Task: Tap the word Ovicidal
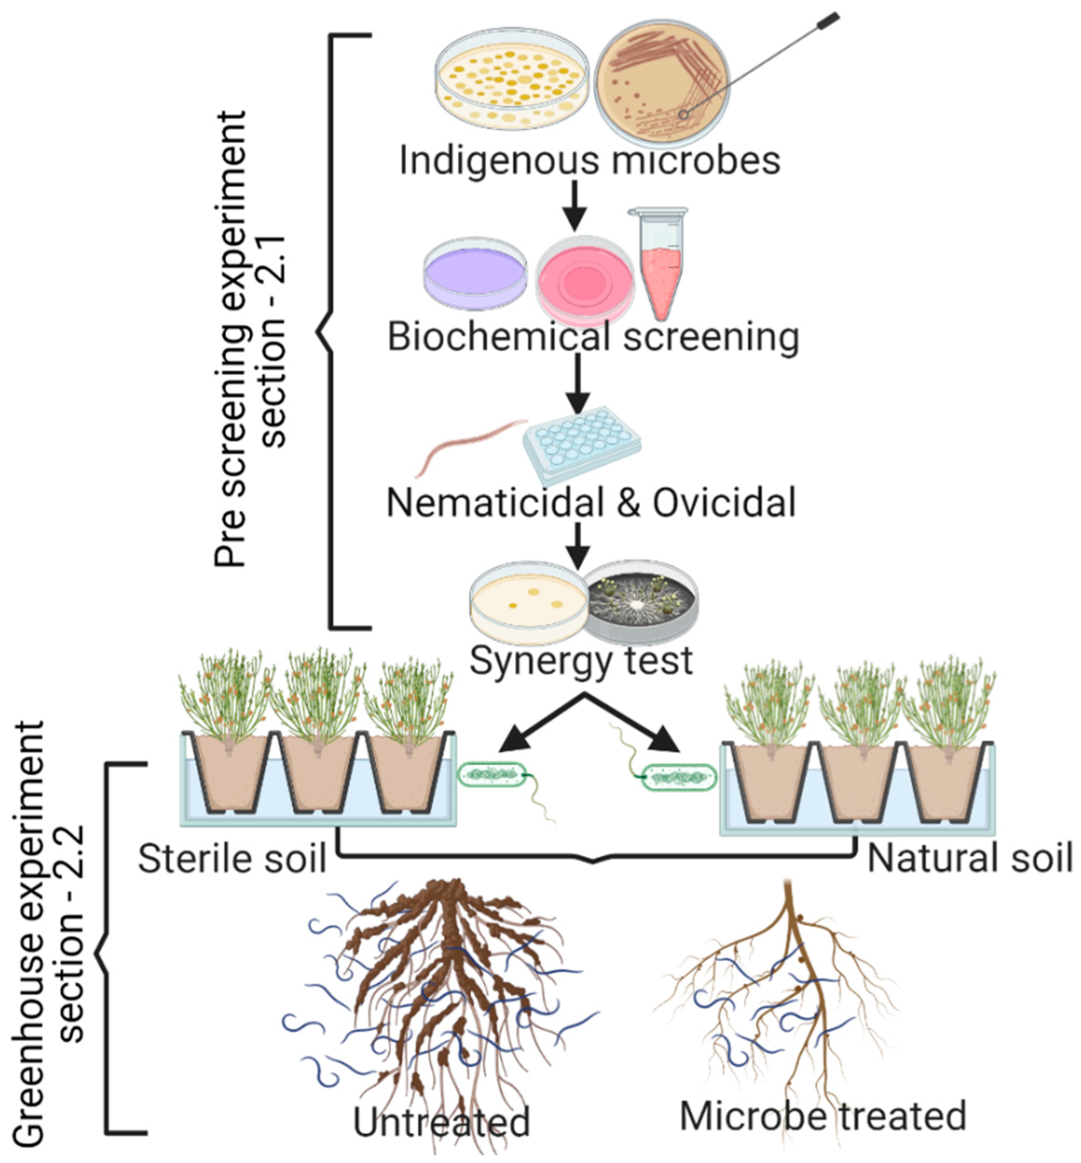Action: pos(724,502)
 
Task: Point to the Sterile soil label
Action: pos(232,860)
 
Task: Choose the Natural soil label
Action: pos(969,859)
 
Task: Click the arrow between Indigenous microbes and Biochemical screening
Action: pos(575,205)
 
